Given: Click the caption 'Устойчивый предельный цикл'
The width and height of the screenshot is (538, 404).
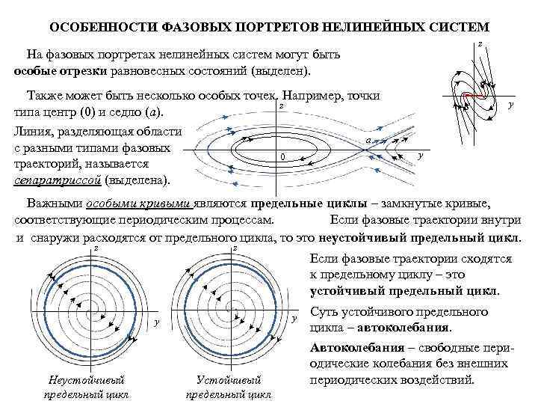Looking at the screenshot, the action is tap(228, 388).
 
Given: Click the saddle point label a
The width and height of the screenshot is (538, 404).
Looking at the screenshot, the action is tap(369, 141).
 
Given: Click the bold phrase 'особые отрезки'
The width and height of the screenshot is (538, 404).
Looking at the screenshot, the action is tap(54, 70).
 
